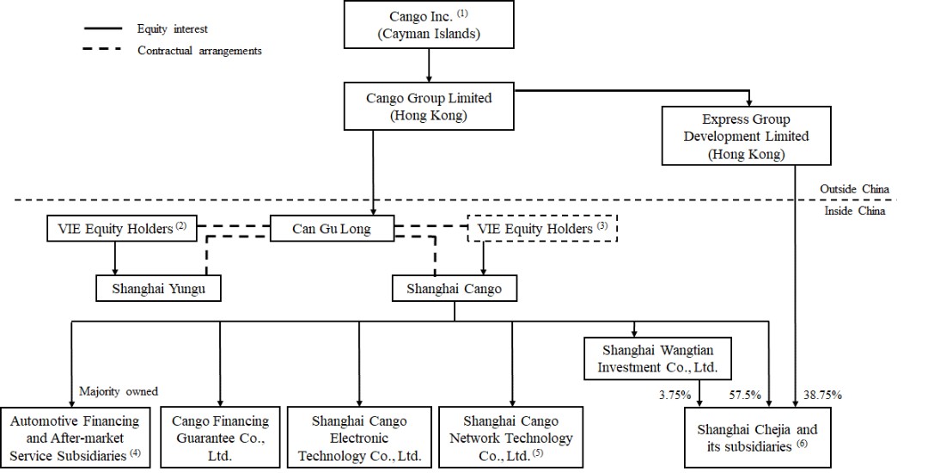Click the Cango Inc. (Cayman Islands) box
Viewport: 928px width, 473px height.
coord(428,25)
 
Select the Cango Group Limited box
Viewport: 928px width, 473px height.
coord(428,107)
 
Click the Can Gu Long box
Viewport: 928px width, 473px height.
coord(332,229)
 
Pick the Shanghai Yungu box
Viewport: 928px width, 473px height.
coord(158,288)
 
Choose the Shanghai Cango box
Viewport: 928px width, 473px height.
coord(455,288)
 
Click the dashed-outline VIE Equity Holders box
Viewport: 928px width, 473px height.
coord(543,229)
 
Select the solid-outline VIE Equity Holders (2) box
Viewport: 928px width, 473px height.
coord(120,229)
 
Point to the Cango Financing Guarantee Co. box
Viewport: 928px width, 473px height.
coord(220,437)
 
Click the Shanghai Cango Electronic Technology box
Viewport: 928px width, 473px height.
coord(358,437)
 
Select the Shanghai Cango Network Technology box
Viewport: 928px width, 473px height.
coord(511,437)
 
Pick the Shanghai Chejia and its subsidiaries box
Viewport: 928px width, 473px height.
coord(759,437)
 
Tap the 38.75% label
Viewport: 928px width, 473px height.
coord(823,395)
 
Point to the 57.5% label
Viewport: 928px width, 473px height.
coord(746,395)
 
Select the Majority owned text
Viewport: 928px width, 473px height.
coord(119,391)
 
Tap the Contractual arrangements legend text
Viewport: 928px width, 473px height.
coord(199,51)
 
